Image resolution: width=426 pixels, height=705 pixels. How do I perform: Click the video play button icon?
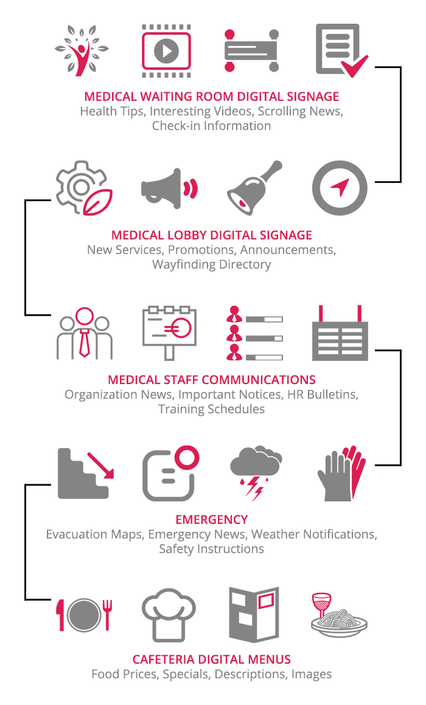pos(166,51)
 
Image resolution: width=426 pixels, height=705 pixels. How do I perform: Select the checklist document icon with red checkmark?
pos(341,51)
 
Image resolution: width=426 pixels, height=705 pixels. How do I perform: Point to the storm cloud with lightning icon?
pos(254,472)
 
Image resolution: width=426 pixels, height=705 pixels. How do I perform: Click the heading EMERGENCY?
pos(212,519)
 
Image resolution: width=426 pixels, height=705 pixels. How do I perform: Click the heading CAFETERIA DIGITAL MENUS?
pos(212,659)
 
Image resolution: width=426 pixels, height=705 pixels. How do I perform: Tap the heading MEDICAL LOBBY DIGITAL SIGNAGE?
pos(212,235)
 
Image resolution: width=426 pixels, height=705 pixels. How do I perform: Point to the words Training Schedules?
pos(211,409)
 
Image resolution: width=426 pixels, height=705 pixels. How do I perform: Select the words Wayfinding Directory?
pos(212,264)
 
